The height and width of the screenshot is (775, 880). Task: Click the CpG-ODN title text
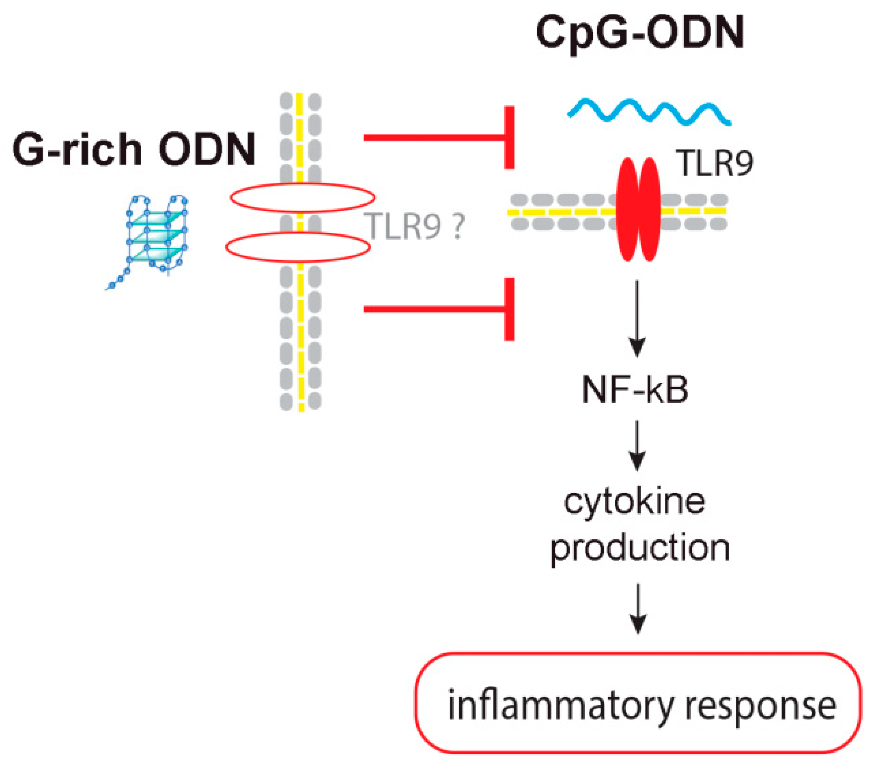pos(640,33)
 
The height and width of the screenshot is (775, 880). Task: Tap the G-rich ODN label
pos(134,149)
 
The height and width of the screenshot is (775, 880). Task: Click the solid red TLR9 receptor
pos(639,209)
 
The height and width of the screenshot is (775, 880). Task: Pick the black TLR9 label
pos(714,163)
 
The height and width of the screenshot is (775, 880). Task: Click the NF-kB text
pos(635,389)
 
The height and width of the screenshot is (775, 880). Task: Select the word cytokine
pos(635,502)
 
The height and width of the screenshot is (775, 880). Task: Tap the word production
pos(640,548)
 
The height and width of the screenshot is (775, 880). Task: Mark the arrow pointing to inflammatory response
pos(638,608)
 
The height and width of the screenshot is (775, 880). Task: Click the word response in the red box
pos(760,706)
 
